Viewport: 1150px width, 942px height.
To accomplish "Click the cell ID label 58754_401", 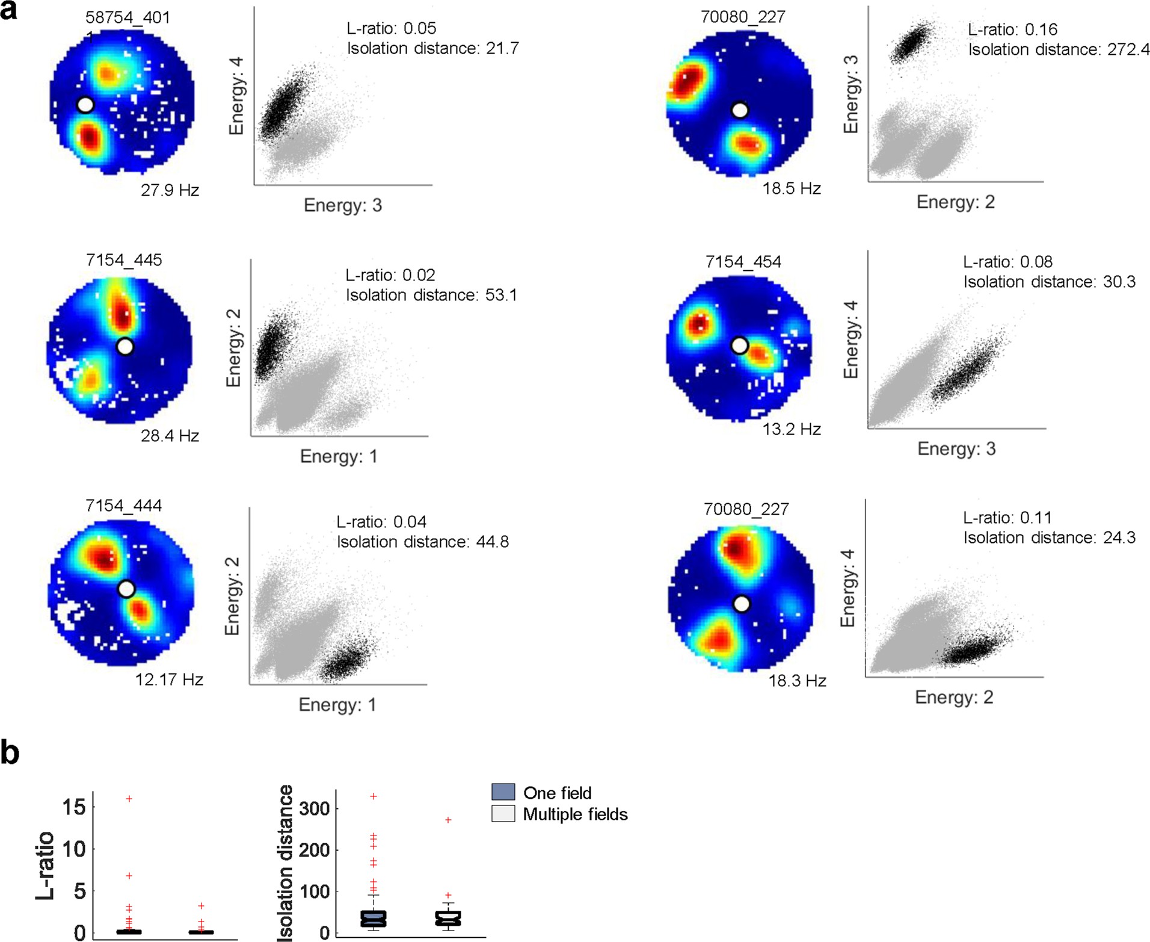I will pyautogui.click(x=127, y=17).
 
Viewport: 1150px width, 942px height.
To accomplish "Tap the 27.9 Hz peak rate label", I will pyautogui.click(x=170, y=190).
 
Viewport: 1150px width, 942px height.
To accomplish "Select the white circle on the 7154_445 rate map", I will pyautogui.click(x=125, y=347).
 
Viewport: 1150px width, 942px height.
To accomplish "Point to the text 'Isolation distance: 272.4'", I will pyautogui.click(x=1059, y=49).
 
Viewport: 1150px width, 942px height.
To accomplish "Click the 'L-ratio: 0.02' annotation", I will pyautogui.click(x=390, y=275).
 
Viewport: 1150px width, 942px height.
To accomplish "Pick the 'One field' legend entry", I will pyautogui.click(x=557, y=793).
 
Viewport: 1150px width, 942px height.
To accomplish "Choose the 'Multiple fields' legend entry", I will pyautogui.click(x=575, y=814).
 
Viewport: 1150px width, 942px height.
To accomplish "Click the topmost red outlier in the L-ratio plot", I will pyautogui.click(x=129, y=799).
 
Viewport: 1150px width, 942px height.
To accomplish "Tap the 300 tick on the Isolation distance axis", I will pyautogui.click(x=314, y=808).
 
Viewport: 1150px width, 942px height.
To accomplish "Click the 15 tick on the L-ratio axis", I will pyautogui.click(x=74, y=807).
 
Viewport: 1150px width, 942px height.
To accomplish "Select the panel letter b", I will pyautogui.click(x=10, y=753).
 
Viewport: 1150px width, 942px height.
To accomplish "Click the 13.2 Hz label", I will pyautogui.click(x=792, y=429).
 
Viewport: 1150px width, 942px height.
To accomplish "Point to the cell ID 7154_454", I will pyautogui.click(x=743, y=262).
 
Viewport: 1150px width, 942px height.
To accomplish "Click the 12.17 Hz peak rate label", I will pyautogui.click(x=169, y=680).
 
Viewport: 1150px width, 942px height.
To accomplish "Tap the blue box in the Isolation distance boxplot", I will pyautogui.click(x=373, y=919).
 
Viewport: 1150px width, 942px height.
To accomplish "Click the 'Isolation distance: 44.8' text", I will pyautogui.click(x=422, y=542).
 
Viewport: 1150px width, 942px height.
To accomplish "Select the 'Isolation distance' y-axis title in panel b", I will pyautogui.click(x=285, y=863).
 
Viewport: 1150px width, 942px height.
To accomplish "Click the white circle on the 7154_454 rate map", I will pyautogui.click(x=739, y=346).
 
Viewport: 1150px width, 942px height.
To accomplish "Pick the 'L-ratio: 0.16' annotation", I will pyautogui.click(x=1012, y=29).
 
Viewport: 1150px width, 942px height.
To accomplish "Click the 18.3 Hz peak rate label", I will pyautogui.click(x=797, y=681).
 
